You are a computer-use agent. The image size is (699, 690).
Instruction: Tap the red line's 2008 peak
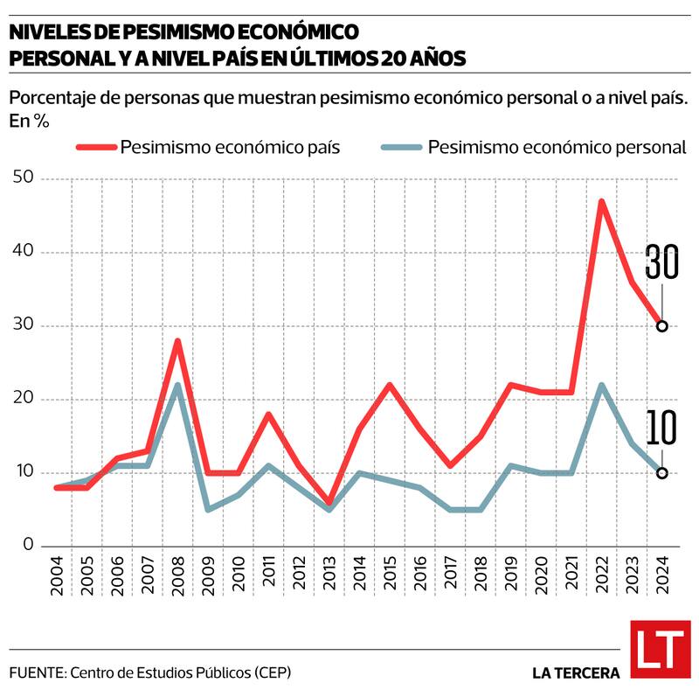[x=177, y=341]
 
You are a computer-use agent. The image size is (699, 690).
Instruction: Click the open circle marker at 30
[x=662, y=326]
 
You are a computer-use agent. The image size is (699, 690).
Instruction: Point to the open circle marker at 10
[x=662, y=473]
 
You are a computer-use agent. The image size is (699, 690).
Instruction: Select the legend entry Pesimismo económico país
[x=229, y=147]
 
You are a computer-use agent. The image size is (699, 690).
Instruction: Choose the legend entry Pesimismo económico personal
[x=556, y=147]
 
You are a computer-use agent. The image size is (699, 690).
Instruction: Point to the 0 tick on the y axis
[x=28, y=547]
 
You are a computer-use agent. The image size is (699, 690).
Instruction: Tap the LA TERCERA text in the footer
[x=576, y=673]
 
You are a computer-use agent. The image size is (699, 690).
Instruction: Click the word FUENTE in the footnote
[x=38, y=673]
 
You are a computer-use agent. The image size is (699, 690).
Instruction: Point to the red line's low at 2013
[x=329, y=503]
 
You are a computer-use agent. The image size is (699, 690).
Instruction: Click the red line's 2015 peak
[x=390, y=385]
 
